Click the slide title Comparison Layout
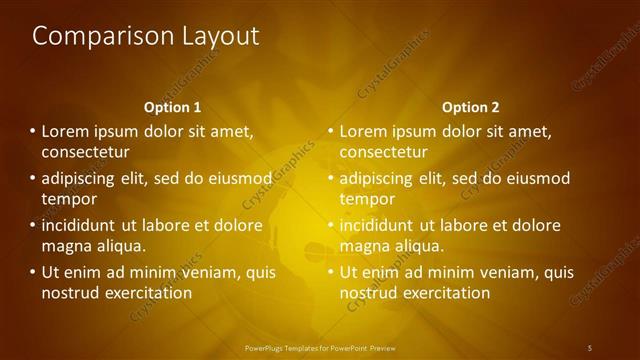pos(146,37)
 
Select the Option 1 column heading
pos(173,107)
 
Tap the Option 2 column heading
pos(470,107)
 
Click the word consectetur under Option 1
pos(86,152)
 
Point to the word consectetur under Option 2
pos(384,152)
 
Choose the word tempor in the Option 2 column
pos(367,199)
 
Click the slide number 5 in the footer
pos(590,347)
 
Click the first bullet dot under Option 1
pos(32,131)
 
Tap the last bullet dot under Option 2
pos(330,272)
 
